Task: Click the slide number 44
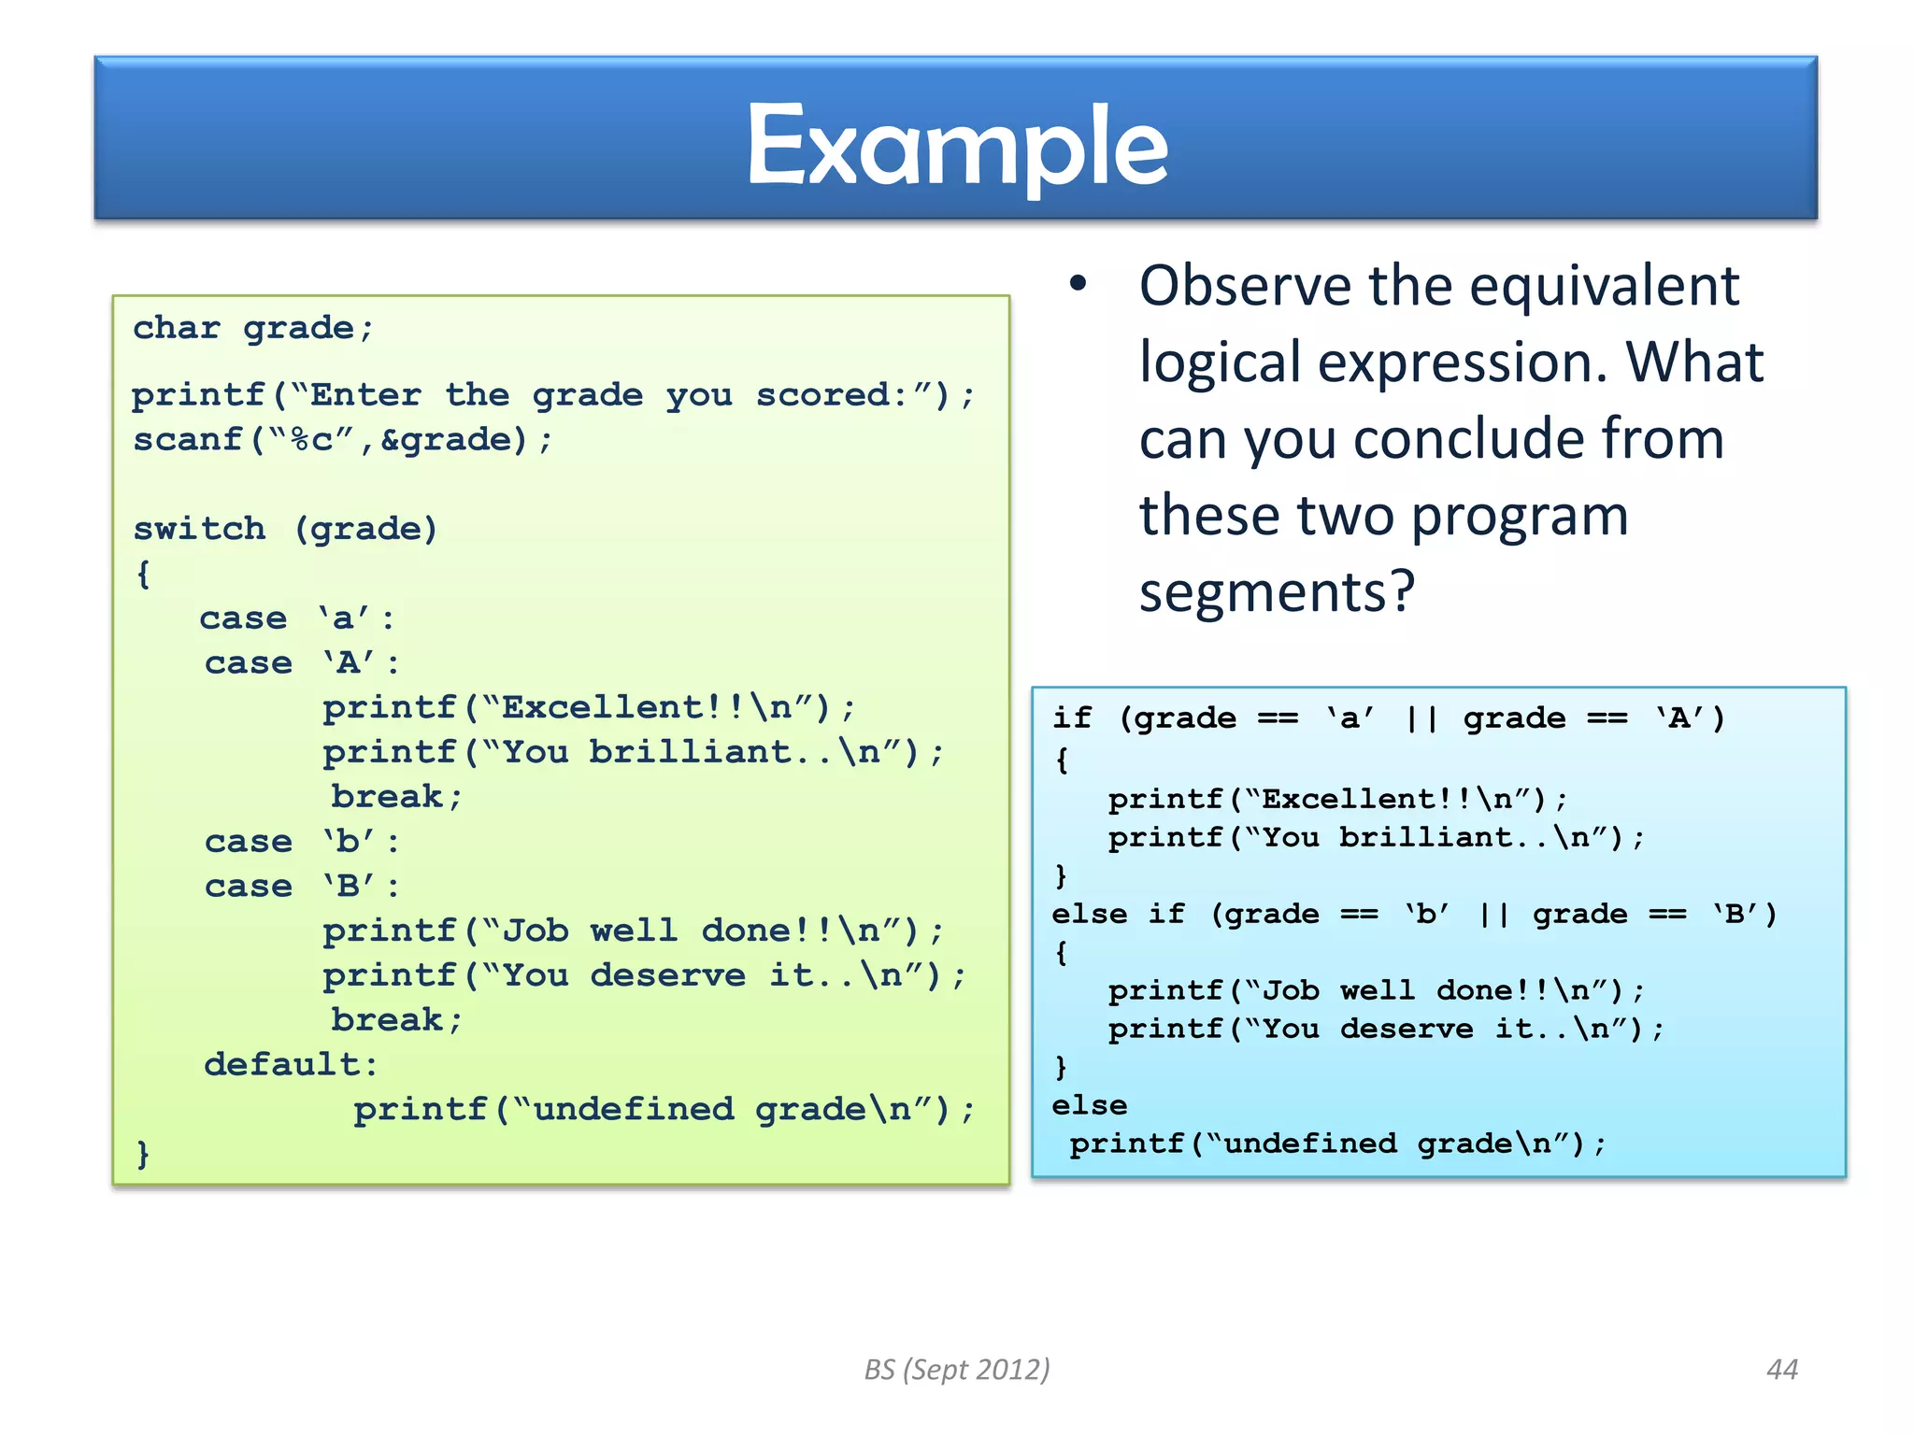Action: (1781, 1370)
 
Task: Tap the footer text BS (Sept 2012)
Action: (957, 1370)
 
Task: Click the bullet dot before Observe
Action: (1078, 284)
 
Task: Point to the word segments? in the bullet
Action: (1277, 592)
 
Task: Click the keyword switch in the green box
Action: (199, 529)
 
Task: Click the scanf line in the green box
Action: (342, 439)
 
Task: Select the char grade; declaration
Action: (252, 328)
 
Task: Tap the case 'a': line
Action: (297, 618)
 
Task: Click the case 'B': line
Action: (302, 886)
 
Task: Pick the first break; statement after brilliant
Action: (396, 797)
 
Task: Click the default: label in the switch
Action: (291, 1064)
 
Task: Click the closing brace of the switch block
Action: (143, 1153)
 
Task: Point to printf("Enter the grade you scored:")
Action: (551, 395)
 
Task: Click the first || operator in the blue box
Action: (1421, 718)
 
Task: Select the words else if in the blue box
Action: (1118, 914)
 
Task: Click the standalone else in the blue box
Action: (1089, 1105)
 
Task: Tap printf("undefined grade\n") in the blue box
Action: (1336, 1144)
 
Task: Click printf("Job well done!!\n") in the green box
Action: (633, 931)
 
